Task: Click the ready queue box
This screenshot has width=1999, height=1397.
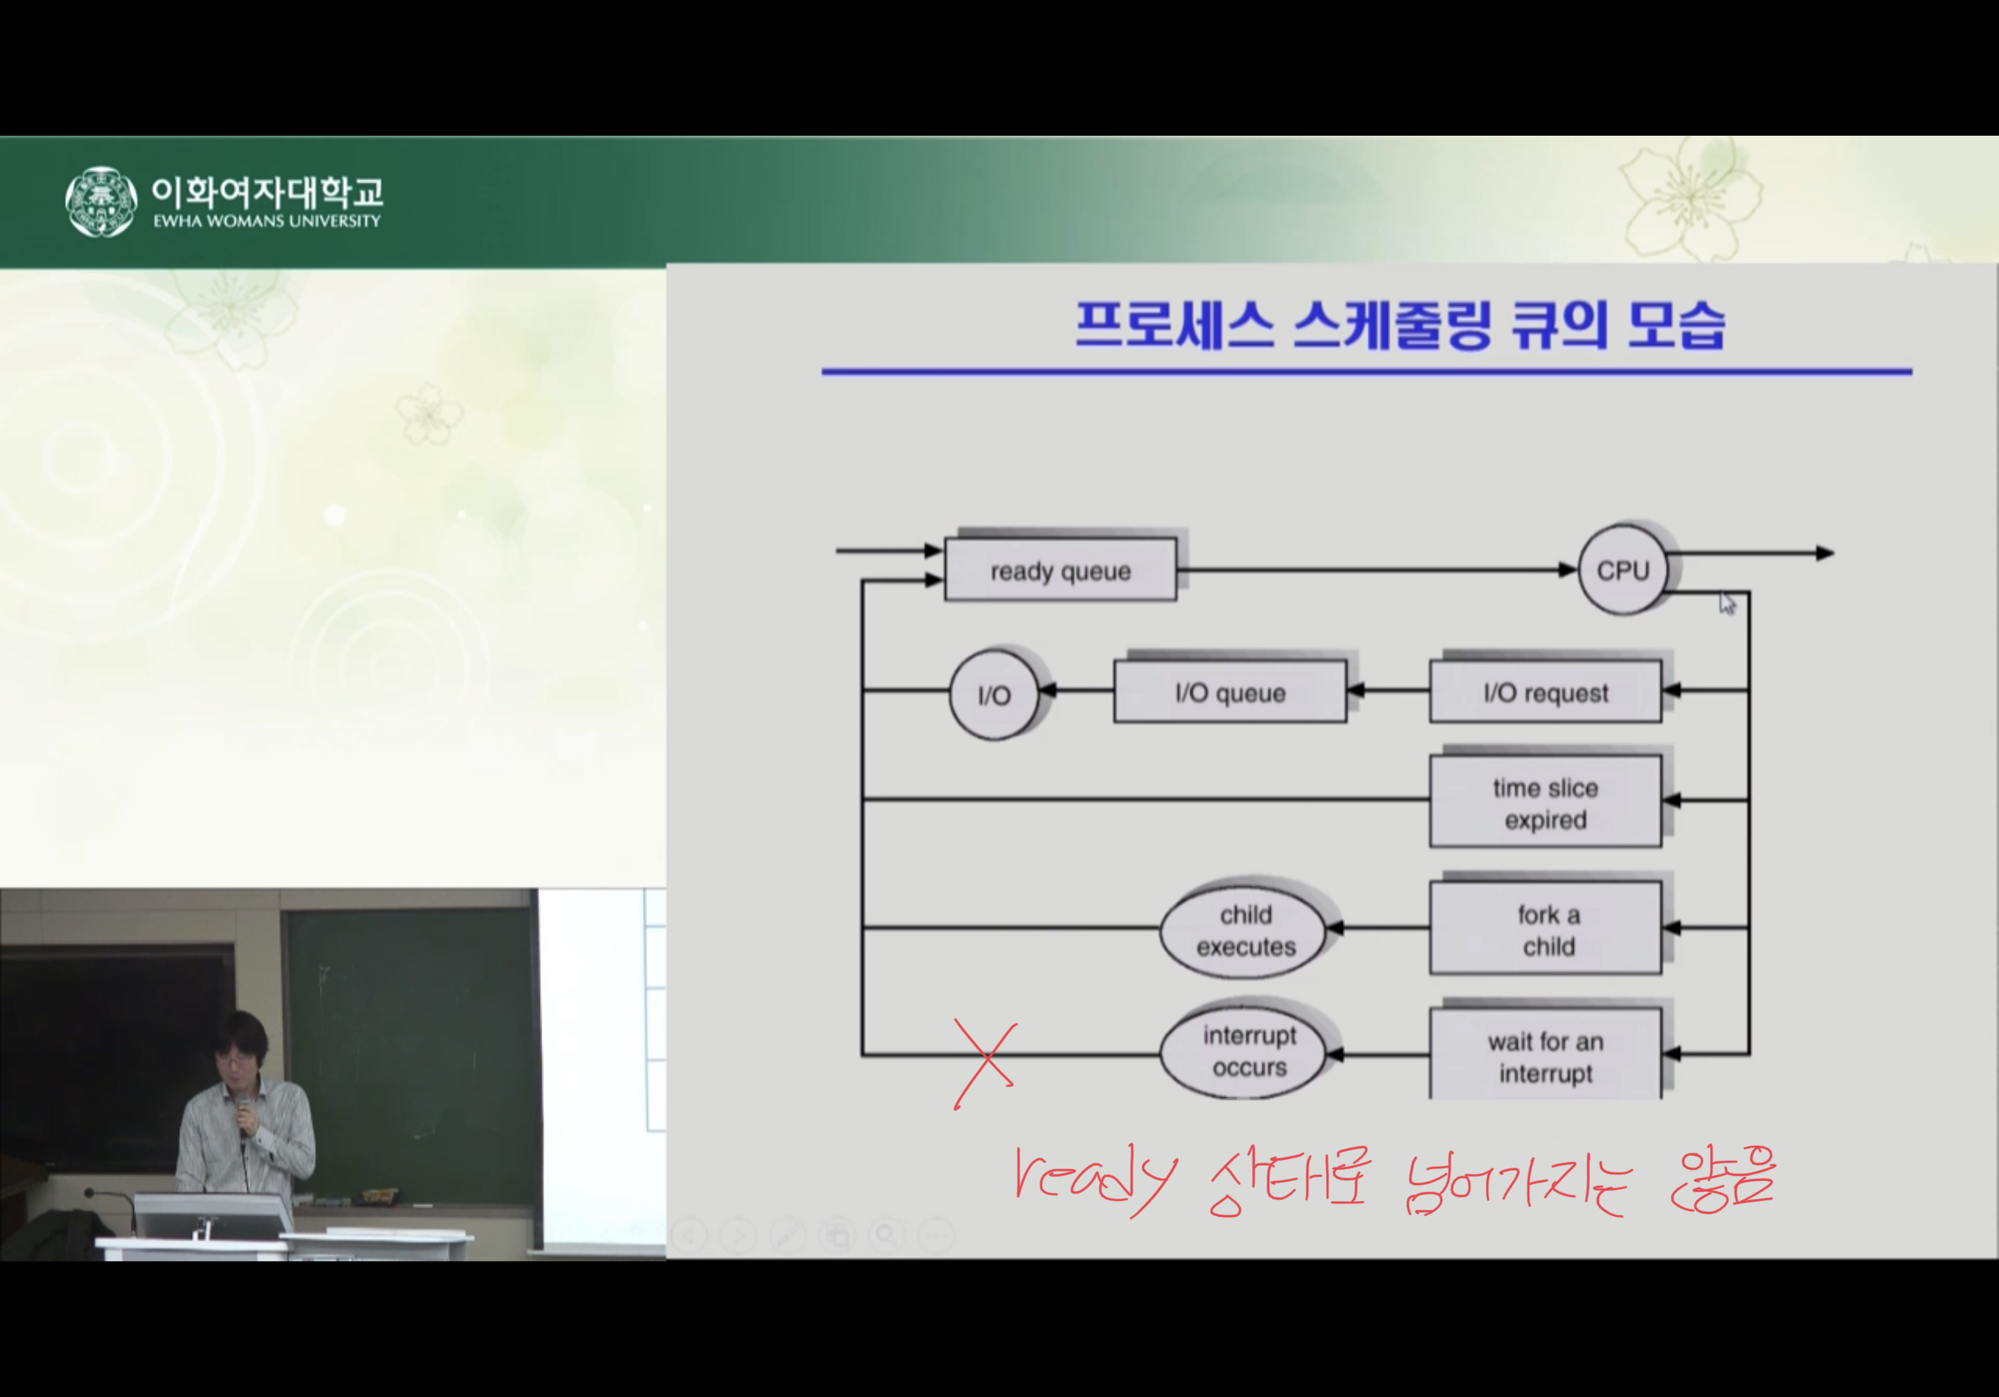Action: pyautogui.click(x=1061, y=570)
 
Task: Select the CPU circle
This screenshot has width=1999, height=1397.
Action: pyautogui.click(x=1623, y=570)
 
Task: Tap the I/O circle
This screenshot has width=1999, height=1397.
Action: pyautogui.click(x=994, y=694)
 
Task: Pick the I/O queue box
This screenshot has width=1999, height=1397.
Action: pyautogui.click(x=1231, y=692)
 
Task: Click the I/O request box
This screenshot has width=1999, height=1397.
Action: pyautogui.click(x=1545, y=692)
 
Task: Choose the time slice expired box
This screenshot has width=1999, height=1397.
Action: pyautogui.click(x=1545, y=802)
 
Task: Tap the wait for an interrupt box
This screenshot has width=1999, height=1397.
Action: pyautogui.click(x=1545, y=1054)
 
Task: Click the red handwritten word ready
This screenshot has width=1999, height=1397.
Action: pyautogui.click(x=1095, y=1181)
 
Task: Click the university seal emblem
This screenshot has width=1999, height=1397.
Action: pyautogui.click(x=101, y=201)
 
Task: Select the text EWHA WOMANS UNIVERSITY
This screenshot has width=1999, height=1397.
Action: pyautogui.click(x=267, y=221)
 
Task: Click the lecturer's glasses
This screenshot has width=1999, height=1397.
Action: pyautogui.click(x=234, y=1058)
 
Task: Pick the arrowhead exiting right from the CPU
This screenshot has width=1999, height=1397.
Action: pyautogui.click(x=1825, y=553)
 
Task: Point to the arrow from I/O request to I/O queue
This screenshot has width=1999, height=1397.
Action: pyautogui.click(x=1388, y=691)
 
